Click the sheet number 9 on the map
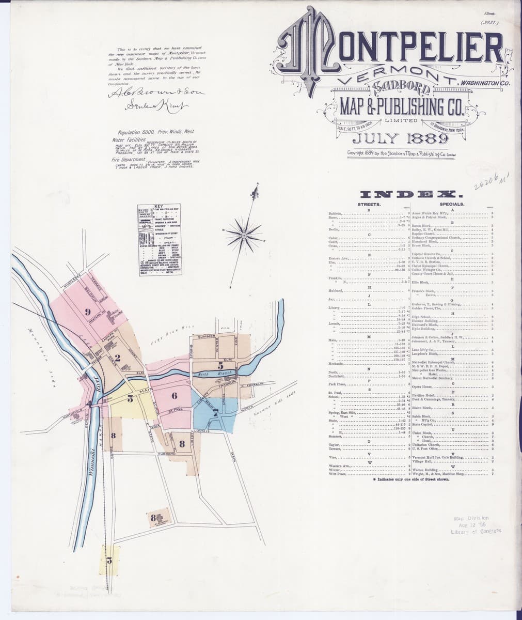point(88,311)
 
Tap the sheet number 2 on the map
point(117,357)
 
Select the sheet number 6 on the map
point(175,395)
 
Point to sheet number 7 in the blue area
point(215,411)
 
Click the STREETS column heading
point(369,205)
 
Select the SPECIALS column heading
point(452,205)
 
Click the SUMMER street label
point(199,336)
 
